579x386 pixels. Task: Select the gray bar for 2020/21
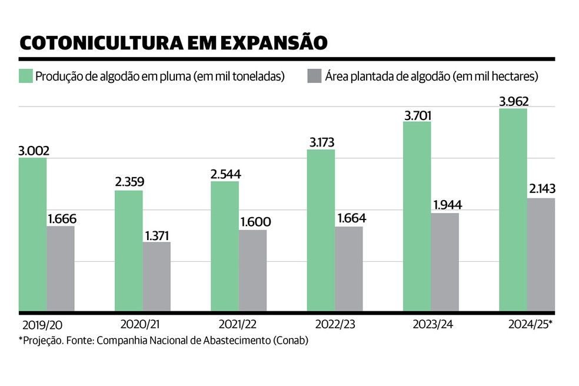coord(157,276)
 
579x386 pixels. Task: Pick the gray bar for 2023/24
coord(445,262)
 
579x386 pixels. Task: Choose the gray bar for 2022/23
coord(349,268)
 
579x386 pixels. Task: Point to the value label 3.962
coord(513,101)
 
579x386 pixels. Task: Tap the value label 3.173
coord(320,142)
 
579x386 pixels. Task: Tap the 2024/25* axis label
coord(531,324)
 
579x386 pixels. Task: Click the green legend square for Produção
coord(25,76)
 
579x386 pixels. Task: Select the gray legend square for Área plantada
coord(314,76)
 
